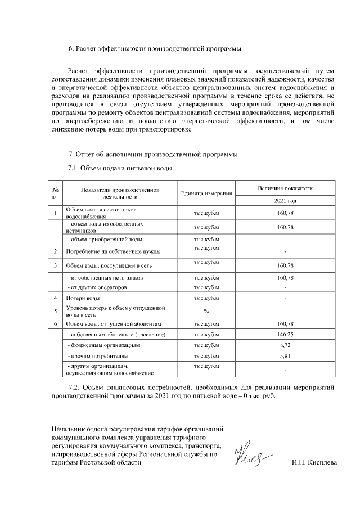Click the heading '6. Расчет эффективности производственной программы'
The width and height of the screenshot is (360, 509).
155,48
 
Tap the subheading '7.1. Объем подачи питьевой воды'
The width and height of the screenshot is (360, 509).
119,168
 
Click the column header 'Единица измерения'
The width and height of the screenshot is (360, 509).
206,193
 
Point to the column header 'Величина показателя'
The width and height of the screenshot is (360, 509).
285,187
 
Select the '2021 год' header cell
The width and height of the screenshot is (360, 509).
285,200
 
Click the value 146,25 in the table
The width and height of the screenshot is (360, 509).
285,335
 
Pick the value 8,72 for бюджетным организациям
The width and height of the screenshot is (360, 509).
285,345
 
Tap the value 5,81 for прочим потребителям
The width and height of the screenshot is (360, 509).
285,356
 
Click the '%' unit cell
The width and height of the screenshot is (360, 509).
206,311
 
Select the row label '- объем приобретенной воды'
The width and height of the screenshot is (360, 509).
104,240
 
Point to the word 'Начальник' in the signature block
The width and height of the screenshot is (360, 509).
68,429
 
